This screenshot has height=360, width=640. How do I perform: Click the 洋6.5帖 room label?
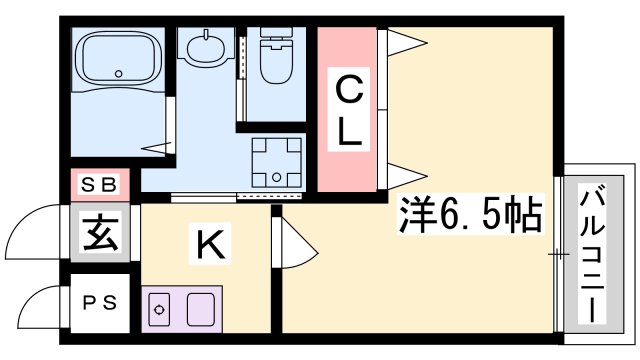click(471, 214)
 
